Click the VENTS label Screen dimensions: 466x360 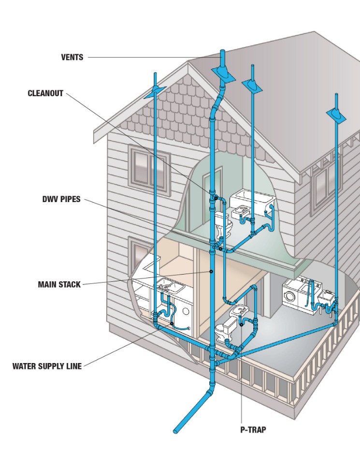coord(72,58)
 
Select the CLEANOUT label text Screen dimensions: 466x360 coord(45,94)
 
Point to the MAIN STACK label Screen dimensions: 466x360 coord(59,285)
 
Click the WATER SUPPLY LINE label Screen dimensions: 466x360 coord(47,366)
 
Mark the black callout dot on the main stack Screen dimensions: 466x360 coord(211,272)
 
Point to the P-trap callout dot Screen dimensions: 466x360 coord(241,324)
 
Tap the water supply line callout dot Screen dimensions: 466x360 coord(172,323)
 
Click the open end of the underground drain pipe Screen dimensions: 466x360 coord(176,430)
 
